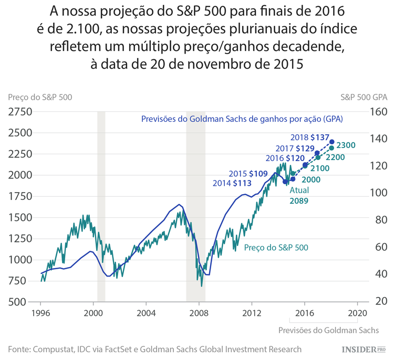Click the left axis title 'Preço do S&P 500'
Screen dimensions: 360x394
(x=40, y=97)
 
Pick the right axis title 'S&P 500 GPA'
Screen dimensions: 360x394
(x=364, y=97)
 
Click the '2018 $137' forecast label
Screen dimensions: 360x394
(x=312, y=137)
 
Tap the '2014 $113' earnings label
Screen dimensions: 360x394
(x=231, y=183)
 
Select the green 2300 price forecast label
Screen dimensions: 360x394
(x=347, y=145)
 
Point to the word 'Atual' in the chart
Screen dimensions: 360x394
(x=299, y=190)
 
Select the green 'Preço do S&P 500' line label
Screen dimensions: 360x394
(x=276, y=247)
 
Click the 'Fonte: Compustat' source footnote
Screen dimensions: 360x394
(x=154, y=349)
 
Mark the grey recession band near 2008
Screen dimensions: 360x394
(x=195, y=205)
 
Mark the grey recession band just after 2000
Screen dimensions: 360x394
(x=101, y=205)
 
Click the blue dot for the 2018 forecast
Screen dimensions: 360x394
(x=332, y=142)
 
